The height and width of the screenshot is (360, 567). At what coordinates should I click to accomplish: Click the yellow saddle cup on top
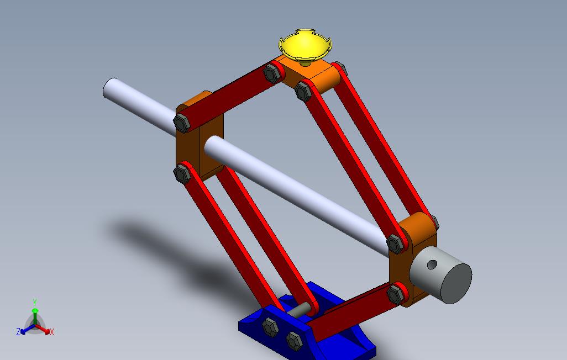[305, 46]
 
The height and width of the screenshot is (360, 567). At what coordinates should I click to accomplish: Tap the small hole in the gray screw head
[432, 264]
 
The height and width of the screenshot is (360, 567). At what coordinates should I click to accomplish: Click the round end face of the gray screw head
[456, 283]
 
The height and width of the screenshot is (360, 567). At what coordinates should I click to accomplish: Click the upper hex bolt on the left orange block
[182, 123]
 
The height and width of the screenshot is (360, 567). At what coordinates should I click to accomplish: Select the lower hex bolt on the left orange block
[182, 174]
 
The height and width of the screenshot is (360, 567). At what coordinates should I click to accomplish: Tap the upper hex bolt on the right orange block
[396, 244]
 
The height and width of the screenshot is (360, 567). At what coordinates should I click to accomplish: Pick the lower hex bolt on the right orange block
[395, 294]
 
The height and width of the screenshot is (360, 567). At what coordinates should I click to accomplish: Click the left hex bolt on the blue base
[270, 327]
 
